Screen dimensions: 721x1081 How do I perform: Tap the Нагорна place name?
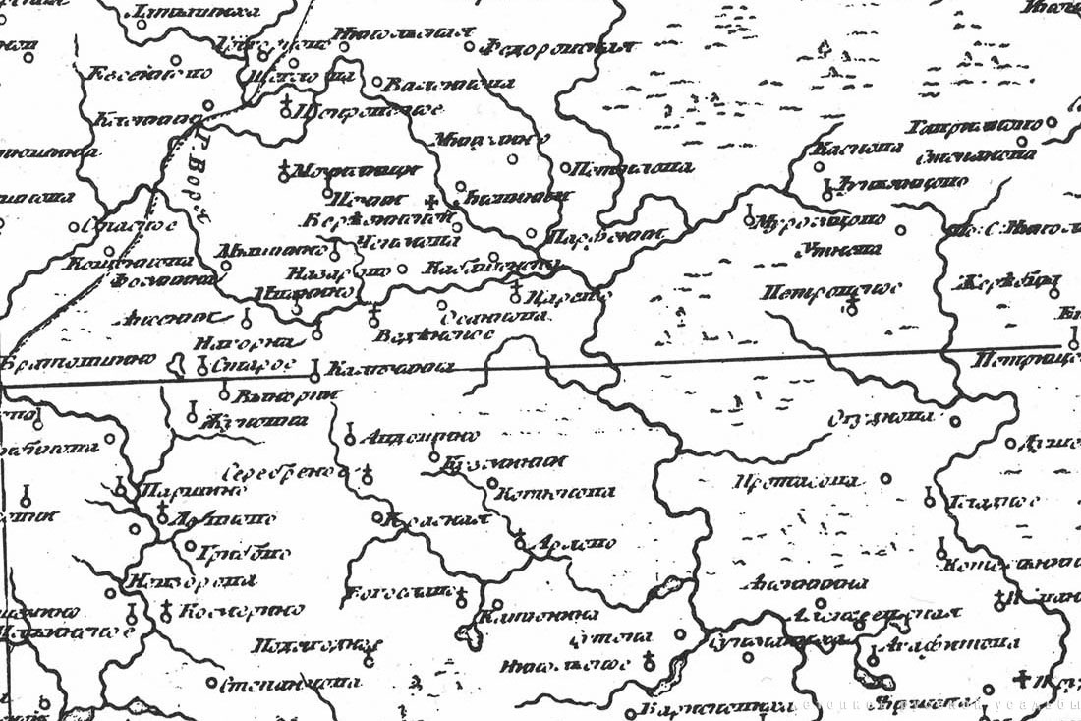pos(245,342)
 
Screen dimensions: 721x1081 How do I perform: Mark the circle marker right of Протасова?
pos(886,479)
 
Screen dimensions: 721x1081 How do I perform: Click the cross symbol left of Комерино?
pos(166,611)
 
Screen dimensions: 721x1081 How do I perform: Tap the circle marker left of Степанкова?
pos(211,681)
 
